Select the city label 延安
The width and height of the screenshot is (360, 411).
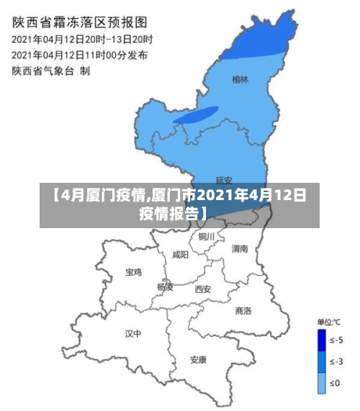point(224,180)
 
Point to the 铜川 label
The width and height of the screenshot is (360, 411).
point(207,236)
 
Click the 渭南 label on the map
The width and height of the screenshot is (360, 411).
point(240,248)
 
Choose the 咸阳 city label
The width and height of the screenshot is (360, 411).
point(181,255)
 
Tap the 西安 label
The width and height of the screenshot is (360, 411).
point(203,289)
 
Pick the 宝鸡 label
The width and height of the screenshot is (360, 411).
point(134,272)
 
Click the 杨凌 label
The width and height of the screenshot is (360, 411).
point(165,286)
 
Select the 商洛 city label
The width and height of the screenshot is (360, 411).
point(243,310)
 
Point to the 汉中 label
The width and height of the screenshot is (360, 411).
point(133,333)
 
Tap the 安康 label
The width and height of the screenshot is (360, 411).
point(198,358)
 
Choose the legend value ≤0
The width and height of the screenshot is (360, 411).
point(334,383)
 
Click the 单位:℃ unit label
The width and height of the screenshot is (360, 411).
point(329,321)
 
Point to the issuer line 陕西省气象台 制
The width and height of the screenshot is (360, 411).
point(50,70)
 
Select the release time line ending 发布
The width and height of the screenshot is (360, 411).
point(80,54)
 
